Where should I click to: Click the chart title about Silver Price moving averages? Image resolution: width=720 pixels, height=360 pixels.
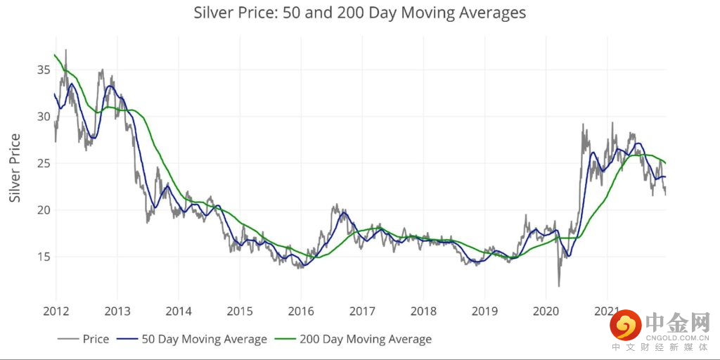[x=359, y=13]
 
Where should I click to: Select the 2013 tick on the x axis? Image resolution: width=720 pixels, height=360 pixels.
[x=117, y=311]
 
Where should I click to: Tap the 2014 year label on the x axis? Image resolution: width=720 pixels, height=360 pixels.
[x=178, y=311]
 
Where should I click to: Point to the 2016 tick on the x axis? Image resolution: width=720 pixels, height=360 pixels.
[x=301, y=311]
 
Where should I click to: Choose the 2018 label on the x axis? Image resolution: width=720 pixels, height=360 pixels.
[x=423, y=311]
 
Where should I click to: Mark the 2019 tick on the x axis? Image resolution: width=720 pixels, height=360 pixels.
[x=484, y=311]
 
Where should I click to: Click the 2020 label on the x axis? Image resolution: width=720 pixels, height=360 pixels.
[x=546, y=311]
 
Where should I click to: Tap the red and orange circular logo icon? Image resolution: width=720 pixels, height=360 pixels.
[x=625, y=326]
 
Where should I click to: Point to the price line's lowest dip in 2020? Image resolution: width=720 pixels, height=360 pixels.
[x=559, y=285]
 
